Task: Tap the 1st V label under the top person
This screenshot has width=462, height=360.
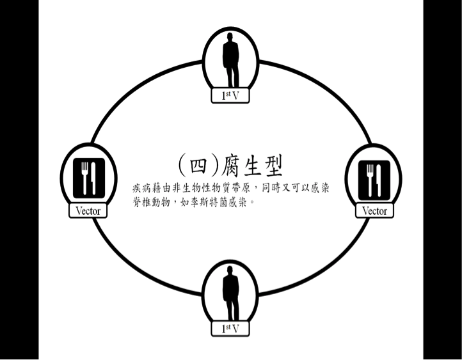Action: [x=230, y=96]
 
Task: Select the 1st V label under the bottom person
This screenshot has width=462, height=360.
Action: [x=230, y=329]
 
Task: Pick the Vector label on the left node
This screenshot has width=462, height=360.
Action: [x=88, y=210]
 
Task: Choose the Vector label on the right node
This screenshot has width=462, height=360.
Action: [x=374, y=210]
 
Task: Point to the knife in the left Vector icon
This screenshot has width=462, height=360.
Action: [x=93, y=178]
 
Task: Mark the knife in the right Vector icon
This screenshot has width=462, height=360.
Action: [x=379, y=178]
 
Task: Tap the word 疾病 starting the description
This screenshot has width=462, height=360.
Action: [x=140, y=189]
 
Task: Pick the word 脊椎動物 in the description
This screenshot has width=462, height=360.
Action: [x=152, y=203]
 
